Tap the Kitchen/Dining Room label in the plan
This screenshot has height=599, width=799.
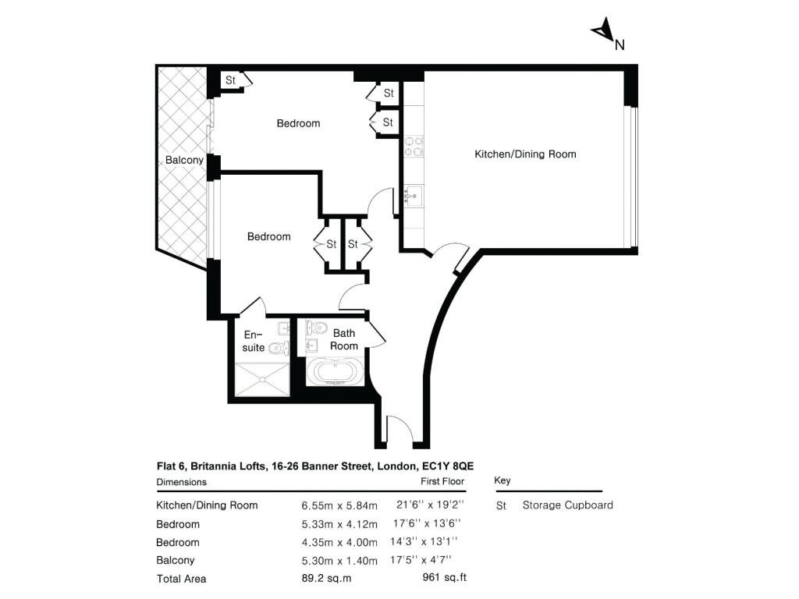525,154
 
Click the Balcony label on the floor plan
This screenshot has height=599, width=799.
184,160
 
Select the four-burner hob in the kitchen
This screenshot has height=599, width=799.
414,146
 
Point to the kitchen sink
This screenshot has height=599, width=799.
414,196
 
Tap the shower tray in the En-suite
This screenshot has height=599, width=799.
262,379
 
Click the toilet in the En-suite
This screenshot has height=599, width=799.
279,349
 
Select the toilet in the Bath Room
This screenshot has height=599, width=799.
317,327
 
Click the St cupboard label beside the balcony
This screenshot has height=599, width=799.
230,80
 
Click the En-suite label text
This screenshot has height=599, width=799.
254,342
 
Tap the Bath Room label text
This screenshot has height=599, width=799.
344,339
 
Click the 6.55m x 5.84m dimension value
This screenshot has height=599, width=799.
339,505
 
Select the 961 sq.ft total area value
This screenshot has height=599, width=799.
444,578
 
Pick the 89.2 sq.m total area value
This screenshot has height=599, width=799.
326,578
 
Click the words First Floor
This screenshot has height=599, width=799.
442,481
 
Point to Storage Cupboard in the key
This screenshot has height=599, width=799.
568,505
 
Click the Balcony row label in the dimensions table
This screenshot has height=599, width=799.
176,560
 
